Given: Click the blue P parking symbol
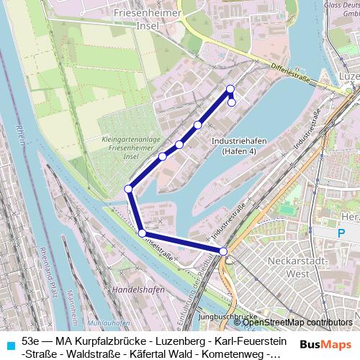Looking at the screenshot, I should coord(342,233).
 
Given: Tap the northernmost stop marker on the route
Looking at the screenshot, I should coord(230,89).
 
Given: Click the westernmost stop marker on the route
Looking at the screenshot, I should coord(128,189).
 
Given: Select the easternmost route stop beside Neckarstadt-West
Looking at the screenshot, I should coord(224,251).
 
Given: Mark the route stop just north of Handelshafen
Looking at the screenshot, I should coord(143,233).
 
